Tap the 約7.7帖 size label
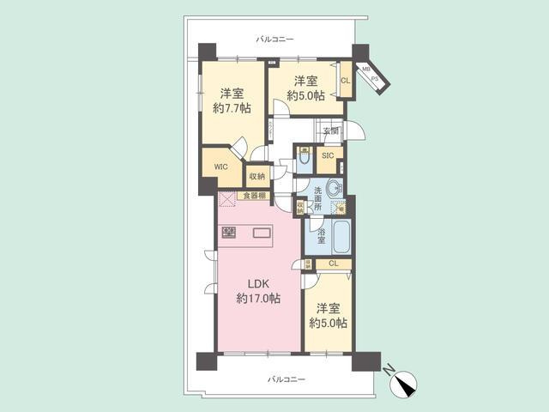point(231,108)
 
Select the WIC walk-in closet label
point(220,167)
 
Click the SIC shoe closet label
point(327,156)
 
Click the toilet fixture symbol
point(305,160)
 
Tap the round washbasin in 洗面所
point(333,189)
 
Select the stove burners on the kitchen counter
point(228,232)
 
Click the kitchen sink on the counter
point(261,232)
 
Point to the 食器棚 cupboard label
point(251,196)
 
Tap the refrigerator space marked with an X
point(226,199)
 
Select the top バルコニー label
point(274,39)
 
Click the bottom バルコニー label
point(286,379)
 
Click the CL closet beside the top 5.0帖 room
point(345,81)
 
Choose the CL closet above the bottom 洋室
point(333,264)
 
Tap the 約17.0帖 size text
point(258,298)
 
